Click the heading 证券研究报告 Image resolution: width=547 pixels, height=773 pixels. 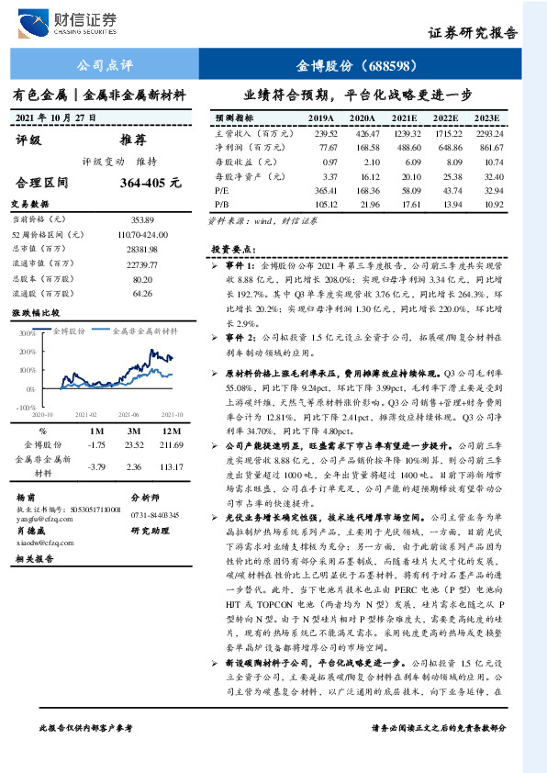(x=473, y=32)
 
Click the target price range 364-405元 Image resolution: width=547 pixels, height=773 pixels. (x=150, y=183)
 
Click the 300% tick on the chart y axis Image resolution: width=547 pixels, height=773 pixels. (x=25, y=332)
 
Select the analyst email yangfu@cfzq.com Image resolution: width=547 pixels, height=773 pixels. (x=39, y=516)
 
